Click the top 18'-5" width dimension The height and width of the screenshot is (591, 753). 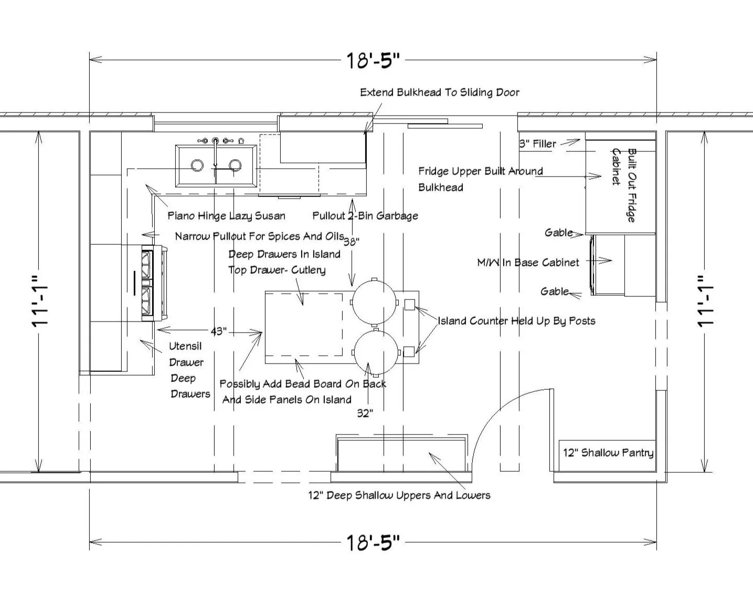pos(373,60)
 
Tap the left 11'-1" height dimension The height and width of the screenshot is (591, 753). pos(40,301)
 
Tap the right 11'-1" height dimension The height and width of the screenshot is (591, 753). pos(706,301)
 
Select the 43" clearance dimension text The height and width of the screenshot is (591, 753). pos(218,331)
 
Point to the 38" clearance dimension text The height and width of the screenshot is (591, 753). pos(351,242)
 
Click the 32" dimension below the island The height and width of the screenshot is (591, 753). pos(365,413)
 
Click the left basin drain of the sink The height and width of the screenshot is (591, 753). pos(197,165)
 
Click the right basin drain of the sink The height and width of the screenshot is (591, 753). pos(235,165)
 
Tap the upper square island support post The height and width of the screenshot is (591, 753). pos(409,303)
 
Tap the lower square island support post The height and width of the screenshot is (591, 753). pos(409,351)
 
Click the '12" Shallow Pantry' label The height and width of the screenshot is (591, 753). pos(608,453)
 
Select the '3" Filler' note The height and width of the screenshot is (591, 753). pos(537,143)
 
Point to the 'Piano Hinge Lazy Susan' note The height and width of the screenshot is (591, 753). pos(226,215)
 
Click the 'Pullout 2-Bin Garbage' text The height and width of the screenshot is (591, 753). pos(365,215)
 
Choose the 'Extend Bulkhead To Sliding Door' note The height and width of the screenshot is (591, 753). pos(440,92)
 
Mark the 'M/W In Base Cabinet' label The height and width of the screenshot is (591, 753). pos(528,262)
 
